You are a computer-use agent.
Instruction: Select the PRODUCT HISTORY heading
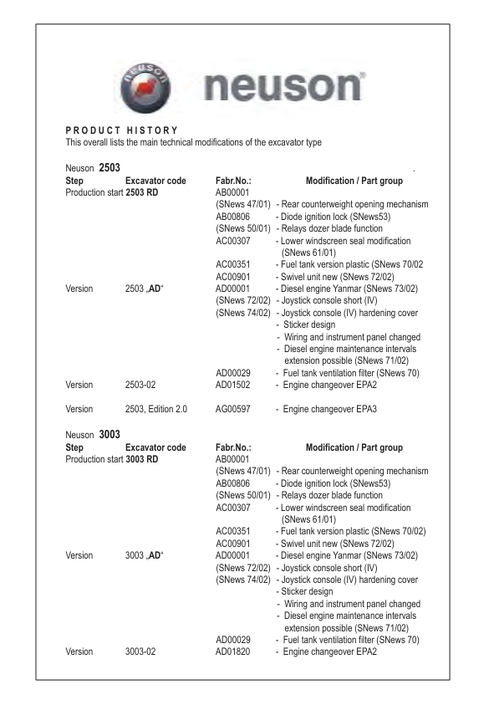pos(121,130)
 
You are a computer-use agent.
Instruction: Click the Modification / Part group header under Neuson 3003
pos(354,448)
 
